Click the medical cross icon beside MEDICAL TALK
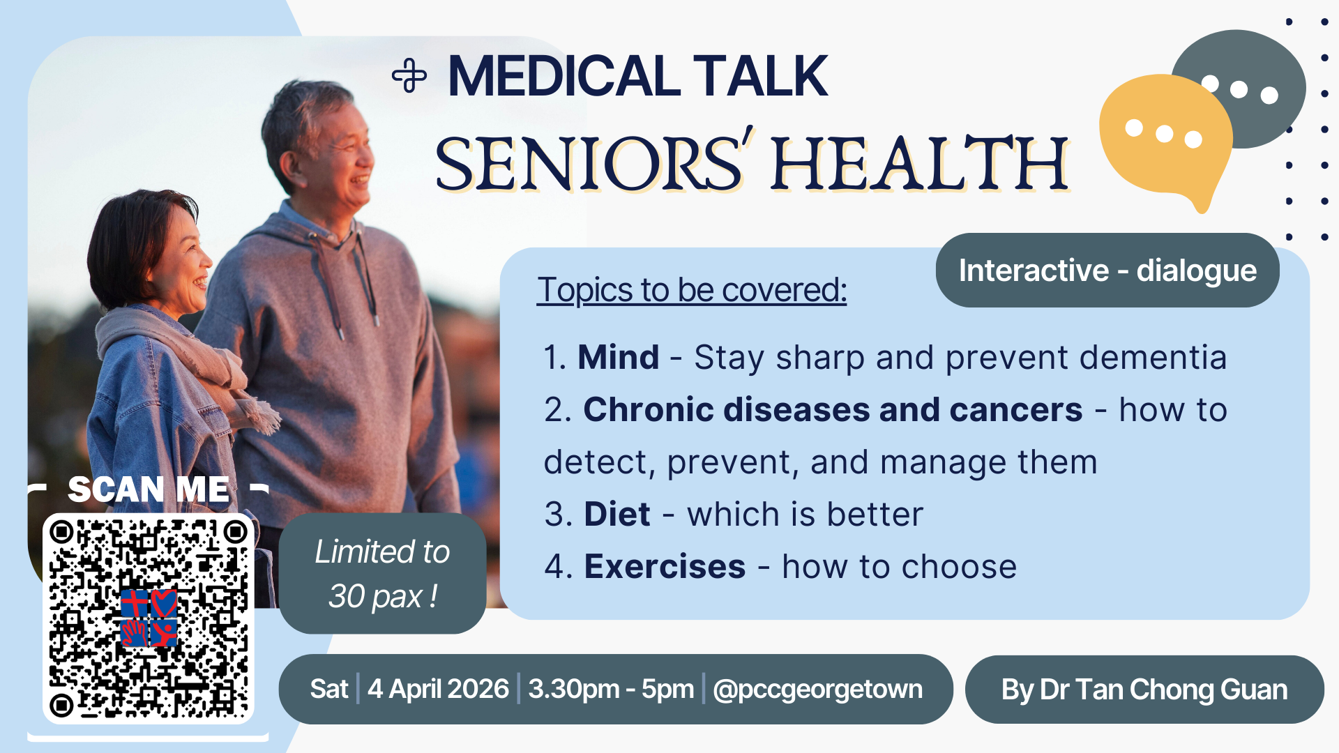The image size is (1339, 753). pyautogui.click(x=409, y=76)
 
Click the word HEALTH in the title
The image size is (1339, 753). pyautogui.click(x=920, y=164)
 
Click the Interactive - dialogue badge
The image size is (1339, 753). pyautogui.click(x=1107, y=271)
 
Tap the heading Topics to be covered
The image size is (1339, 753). pyautogui.click(x=692, y=290)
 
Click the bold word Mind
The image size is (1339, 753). pyautogui.click(x=618, y=358)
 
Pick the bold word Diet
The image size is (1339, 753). pyautogui.click(x=617, y=515)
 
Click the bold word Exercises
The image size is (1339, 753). pyautogui.click(x=665, y=567)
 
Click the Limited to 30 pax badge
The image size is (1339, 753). pyautogui.click(x=382, y=574)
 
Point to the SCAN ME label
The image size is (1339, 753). pyautogui.click(x=148, y=489)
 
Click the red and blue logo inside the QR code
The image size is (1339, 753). pyautogui.click(x=149, y=618)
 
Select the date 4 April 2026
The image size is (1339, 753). pyautogui.click(x=438, y=689)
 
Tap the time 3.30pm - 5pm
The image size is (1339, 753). pyautogui.click(x=611, y=689)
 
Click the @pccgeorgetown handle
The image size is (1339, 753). pyautogui.click(x=817, y=690)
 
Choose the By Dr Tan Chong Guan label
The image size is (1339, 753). pyautogui.click(x=1144, y=690)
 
